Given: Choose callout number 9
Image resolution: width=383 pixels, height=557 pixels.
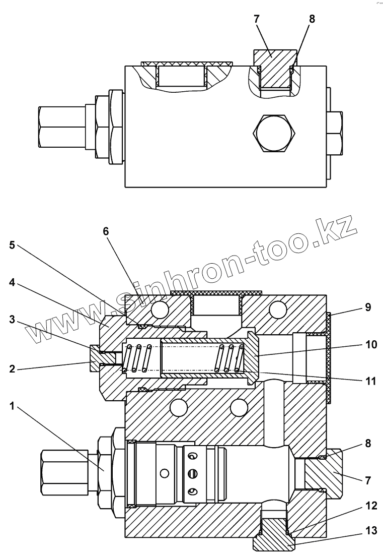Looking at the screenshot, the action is pos(368,306).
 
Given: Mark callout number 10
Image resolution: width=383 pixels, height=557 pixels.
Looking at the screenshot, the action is pos(371,345).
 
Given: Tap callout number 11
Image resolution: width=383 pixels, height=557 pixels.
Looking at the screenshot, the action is pos(371,381).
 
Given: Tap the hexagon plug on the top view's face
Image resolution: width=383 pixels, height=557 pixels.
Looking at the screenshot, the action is pos(274,133).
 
